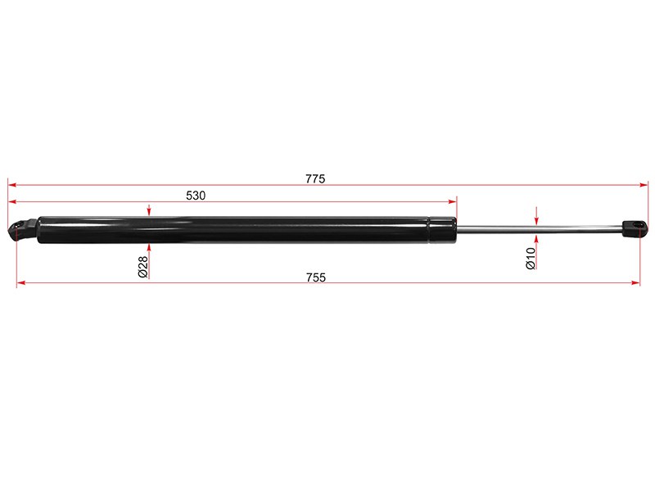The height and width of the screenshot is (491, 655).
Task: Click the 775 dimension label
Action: [x=315, y=178]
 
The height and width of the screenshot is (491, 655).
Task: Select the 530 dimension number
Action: [x=196, y=196]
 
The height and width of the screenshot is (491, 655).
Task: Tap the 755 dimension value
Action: [x=316, y=277]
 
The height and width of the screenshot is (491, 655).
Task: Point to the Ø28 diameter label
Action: [x=142, y=267]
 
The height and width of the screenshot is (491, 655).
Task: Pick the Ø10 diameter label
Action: [x=531, y=258]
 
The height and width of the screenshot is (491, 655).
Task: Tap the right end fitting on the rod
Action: [x=634, y=228]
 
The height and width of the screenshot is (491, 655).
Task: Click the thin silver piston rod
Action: [x=540, y=228]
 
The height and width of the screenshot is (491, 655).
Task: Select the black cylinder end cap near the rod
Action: [x=443, y=230]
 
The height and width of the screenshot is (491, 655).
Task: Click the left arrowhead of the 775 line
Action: [x=11, y=185]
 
